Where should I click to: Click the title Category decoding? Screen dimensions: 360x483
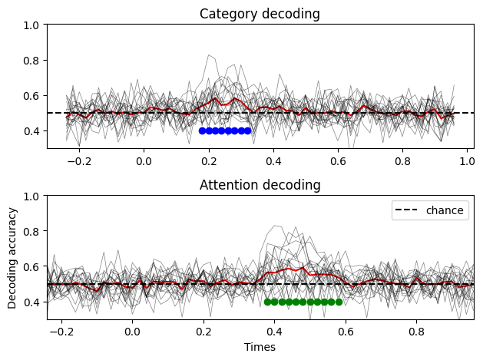point(260,14)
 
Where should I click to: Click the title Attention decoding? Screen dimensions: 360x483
point(260,185)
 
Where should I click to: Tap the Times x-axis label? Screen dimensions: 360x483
point(260,347)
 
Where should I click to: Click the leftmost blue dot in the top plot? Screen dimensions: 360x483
point(202,130)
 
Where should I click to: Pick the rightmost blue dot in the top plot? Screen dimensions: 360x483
point(247,130)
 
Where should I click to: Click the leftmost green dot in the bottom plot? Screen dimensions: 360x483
point(267,302)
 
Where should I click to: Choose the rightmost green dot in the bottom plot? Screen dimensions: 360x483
point(339,302)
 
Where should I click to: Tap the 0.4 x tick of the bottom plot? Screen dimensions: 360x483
point(274,332)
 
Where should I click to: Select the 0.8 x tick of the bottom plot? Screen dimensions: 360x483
point(416,332)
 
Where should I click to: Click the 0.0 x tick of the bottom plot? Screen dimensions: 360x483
point(133,332)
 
